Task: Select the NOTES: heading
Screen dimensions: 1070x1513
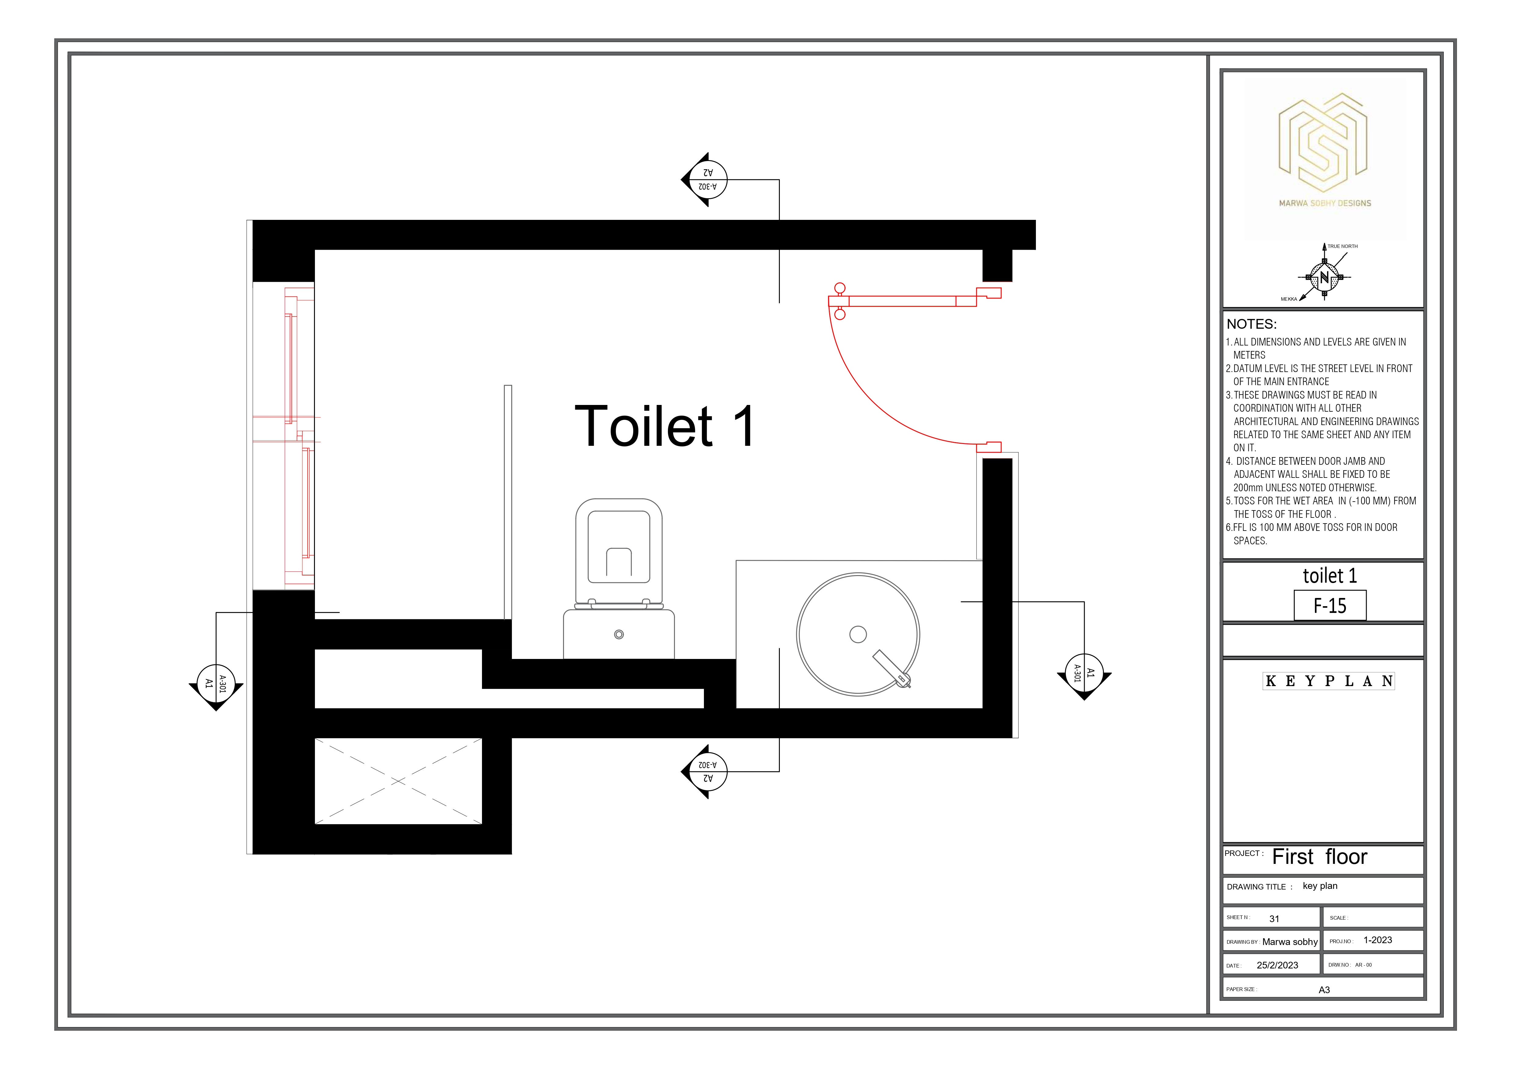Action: (x=1251, y=324)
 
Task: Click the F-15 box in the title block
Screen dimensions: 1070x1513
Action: (x=1330, y=605)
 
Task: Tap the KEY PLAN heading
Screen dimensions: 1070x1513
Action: (x=1329, y=681)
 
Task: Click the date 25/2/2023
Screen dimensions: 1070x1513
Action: (x=1277, y=965)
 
